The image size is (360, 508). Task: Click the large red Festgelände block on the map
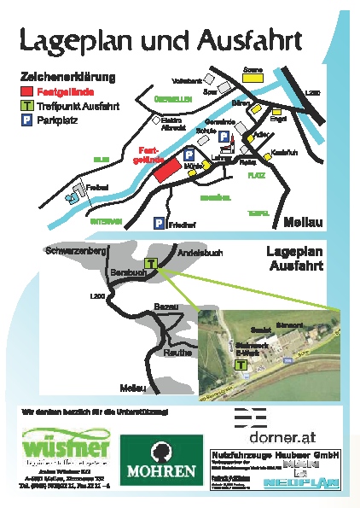point(167,170)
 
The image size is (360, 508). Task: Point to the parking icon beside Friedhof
point(159,223)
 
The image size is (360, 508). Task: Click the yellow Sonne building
point(253,76)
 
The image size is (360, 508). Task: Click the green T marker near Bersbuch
point(150,265)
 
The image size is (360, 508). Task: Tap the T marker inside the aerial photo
point(241,364)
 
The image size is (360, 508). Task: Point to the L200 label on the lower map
point(96,295)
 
